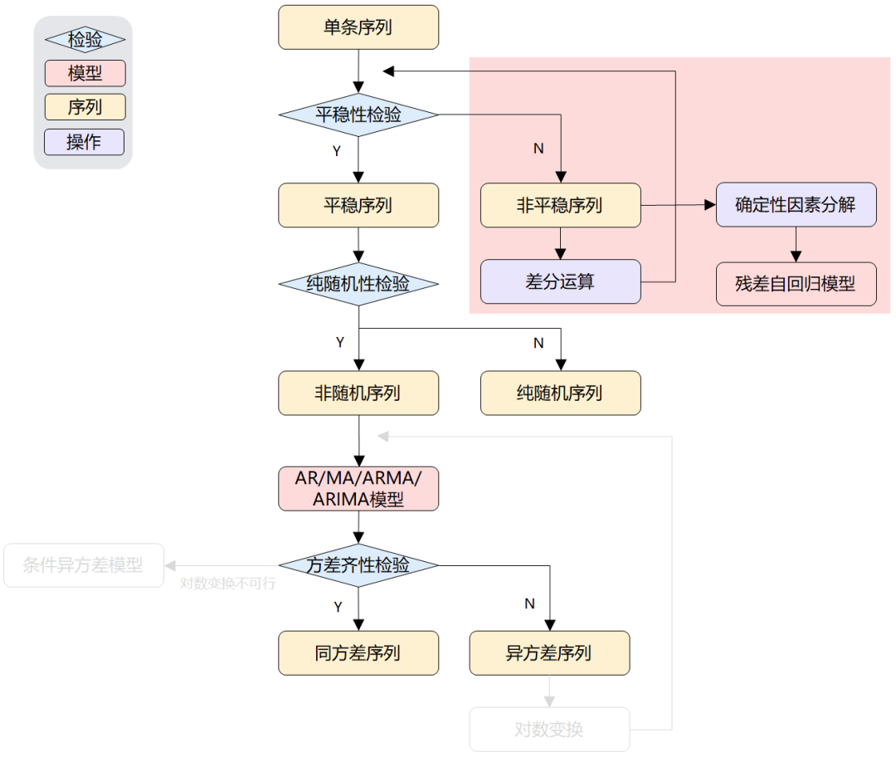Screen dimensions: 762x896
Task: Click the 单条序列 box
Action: pyautogui.click(x=358, y=27)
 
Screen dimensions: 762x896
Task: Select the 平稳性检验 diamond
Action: pyautogui.click(x=358, y=115)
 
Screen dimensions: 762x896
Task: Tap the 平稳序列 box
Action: pyautogui.click(x=358, y=205)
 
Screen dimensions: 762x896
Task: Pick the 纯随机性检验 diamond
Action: pyautogui.click(x=358, y=284)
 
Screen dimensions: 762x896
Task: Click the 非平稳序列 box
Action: pyautogui.click(x=560, y=205)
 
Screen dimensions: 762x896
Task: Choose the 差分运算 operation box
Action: pyautogui.click(x=560, y=281)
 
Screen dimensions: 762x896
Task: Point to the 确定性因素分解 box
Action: pyautogui.click(x=796, y=204)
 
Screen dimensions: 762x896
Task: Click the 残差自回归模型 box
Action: pyautogui.click(x=796, y=284)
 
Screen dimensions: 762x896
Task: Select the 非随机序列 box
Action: pyautogui.click(x=358, y=393)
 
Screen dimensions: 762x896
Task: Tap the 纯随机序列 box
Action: pyautogui.click(x=560, y=393)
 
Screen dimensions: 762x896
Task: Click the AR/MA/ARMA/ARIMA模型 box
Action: pyautogui.click(x=358, y=489)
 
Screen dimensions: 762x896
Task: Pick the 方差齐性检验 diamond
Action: pyautogui.click(x=358, y=566)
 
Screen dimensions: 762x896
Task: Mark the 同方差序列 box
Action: pyautogui.click(x=358, y=653)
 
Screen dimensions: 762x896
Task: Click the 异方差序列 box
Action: pyautogui.click(x=549, y=653)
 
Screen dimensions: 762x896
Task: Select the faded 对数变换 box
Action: pyautogui.click(x=549, y=730)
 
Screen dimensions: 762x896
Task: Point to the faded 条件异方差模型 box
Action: pyautogui.click(x=83, y=566)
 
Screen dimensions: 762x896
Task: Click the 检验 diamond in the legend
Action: pyautogui.click(x=85, y=39)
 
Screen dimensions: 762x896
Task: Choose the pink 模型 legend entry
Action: pyautogui.click(x=85, y=73)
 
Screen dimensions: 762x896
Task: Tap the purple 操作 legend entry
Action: pyautogui.click(x=85, y=142)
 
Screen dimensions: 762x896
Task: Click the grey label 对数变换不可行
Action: pyautogui.click(x=228, y=584)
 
